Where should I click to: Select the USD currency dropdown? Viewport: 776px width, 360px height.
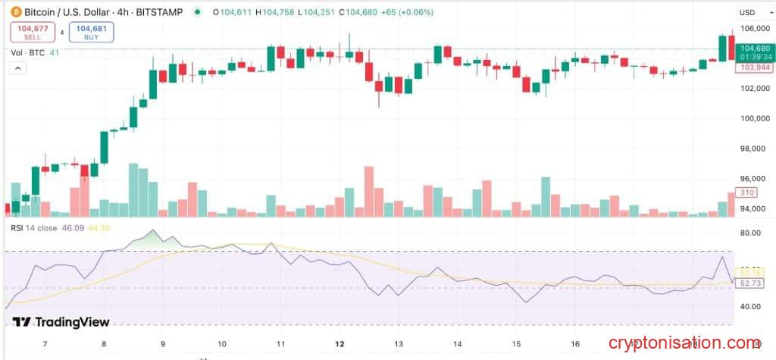pos(750,12)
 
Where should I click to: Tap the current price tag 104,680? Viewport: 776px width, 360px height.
pos(756,48)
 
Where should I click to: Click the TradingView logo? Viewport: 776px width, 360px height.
pos(61,322)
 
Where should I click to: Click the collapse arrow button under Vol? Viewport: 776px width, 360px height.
pos(17,68)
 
